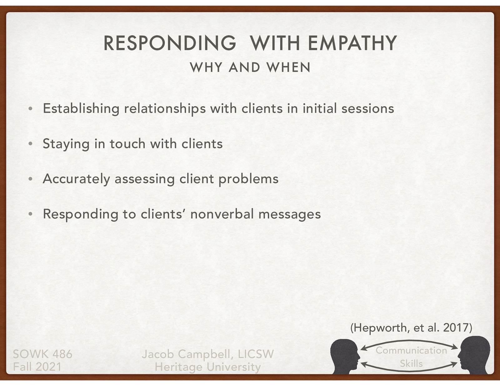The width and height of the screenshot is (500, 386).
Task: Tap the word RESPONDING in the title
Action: point(170,43)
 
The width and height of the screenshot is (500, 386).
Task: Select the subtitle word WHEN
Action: point(288,67)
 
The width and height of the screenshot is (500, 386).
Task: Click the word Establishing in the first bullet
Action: point(81,109)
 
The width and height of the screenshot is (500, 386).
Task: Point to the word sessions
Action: point(367,109)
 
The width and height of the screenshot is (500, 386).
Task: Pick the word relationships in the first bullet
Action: point(165,109)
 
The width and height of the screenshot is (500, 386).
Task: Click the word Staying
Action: point(66,144)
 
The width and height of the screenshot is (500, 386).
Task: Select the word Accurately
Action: point(76,179)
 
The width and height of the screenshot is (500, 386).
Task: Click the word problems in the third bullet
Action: point(248,179)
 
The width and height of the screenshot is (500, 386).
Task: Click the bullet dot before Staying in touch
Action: point(30,144)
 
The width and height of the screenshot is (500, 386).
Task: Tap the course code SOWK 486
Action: point(42,354)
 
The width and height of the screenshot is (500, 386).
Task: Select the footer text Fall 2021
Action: point(37,367)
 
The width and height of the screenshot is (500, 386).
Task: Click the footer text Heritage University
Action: point(207,367)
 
